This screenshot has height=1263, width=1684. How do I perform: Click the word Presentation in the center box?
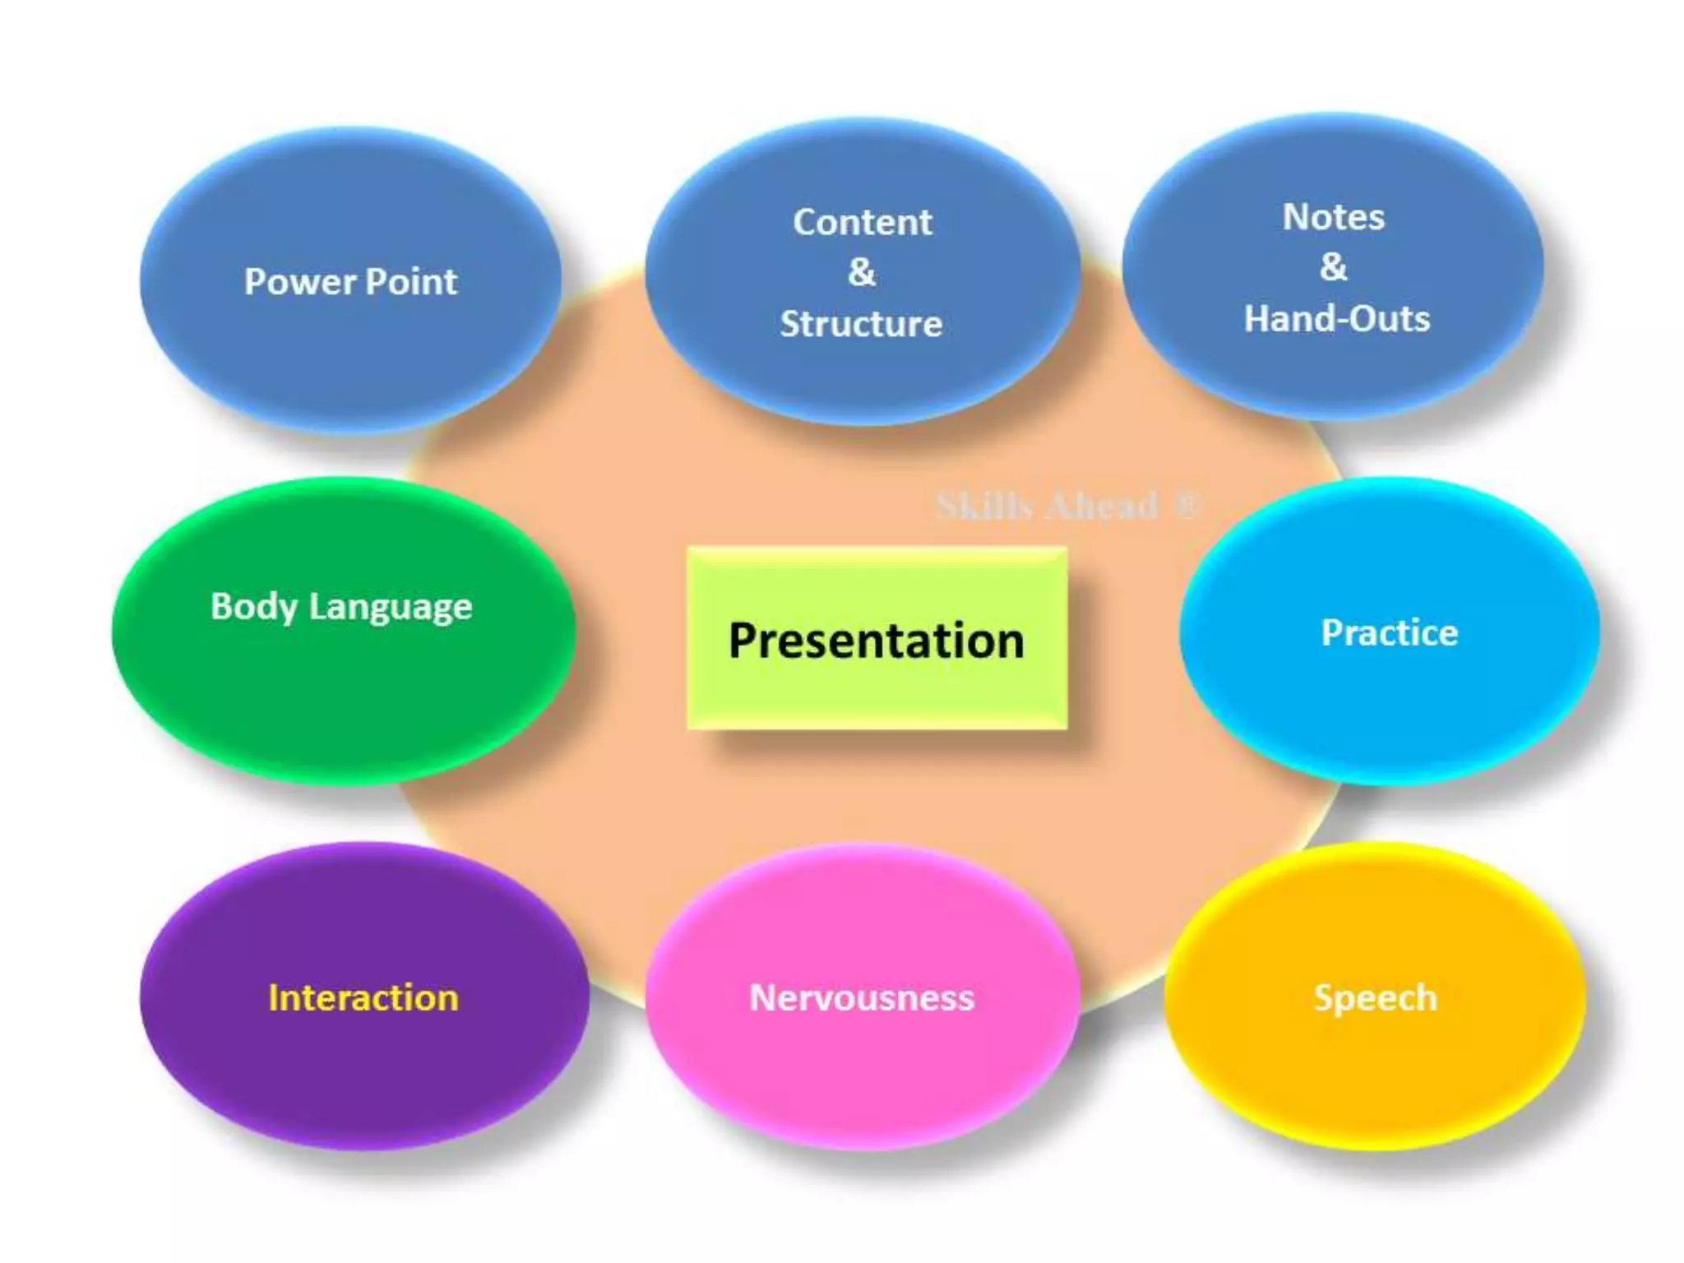tap(877, 641)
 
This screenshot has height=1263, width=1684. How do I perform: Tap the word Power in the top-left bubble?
tap(300, 282)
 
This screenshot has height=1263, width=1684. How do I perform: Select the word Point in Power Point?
tap(410, 282)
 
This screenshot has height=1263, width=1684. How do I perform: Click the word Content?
tap(862, 223)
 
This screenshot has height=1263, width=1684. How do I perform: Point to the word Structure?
tap(861, 324)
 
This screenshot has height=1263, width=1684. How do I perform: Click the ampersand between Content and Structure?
tap(862, 272)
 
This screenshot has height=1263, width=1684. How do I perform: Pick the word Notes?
tap(1333, 217)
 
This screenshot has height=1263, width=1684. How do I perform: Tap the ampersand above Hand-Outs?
tap(1333, 267)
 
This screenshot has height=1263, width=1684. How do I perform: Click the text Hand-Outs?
tap(1336, 319)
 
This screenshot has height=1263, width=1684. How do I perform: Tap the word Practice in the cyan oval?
tap(1389, 633)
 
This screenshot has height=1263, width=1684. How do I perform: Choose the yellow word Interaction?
tap(363, 998)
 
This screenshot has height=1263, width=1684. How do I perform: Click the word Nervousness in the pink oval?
tap(861, 998)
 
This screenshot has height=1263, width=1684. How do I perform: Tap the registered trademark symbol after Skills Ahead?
tap(1187, 504)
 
